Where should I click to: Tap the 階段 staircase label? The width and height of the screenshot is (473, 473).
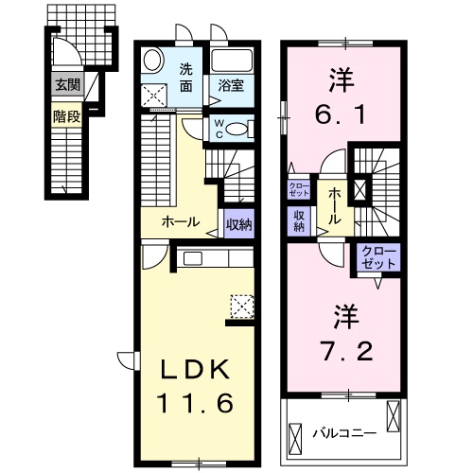(67, 118)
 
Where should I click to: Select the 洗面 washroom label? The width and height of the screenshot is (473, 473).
(186, 76)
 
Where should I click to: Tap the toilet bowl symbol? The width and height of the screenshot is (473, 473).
(238, 129)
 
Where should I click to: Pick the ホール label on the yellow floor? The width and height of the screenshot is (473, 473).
(180, 222)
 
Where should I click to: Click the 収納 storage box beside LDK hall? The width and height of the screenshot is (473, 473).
(239, 224)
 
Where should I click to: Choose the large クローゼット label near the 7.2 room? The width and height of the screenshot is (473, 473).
(379, 255)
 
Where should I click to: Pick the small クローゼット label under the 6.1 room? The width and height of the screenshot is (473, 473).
(299, 186)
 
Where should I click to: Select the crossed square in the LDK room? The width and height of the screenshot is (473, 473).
(242, 306)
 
